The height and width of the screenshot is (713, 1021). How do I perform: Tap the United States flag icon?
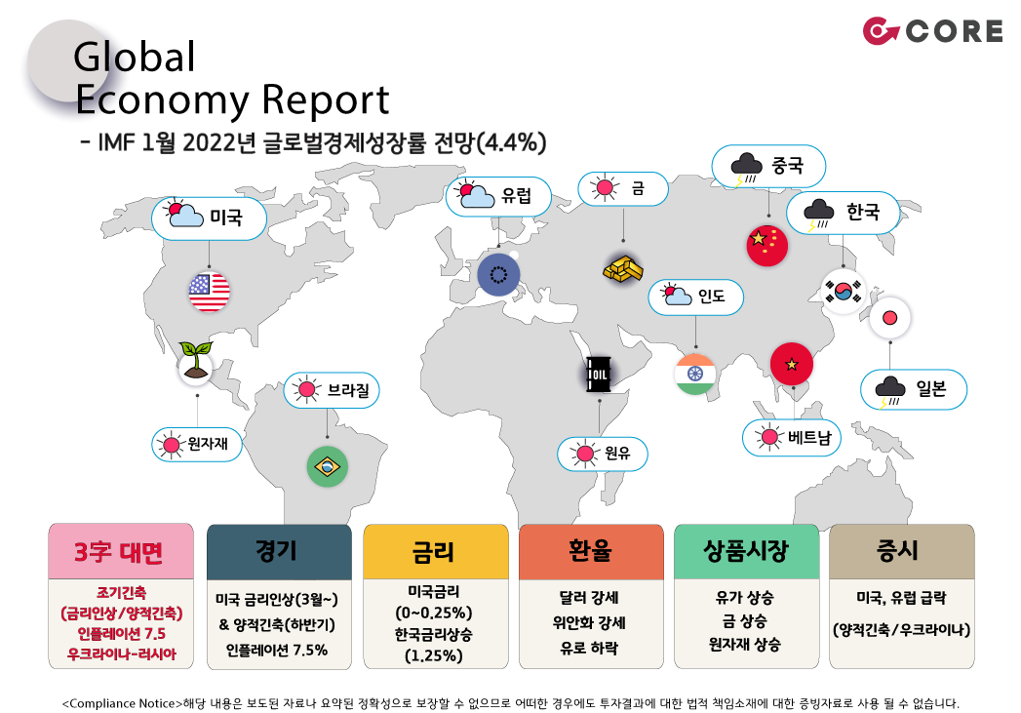click(x=209, y=290)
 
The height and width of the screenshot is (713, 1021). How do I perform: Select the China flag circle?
click(x=766, y=245)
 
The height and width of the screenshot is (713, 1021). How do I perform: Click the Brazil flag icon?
click(x=327, y=466)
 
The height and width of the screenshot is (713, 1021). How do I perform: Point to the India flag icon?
click(x=695, y=374)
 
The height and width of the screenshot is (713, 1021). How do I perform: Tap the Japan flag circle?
click(x=889, y=318)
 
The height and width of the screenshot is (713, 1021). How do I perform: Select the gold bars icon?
click(x=623, y=267)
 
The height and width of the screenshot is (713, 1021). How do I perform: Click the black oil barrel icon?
click(x=597, y=374)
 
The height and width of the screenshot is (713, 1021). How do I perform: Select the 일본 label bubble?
click(x=915, y=390)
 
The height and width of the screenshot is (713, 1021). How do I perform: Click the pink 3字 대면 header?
click(x=119, y=552)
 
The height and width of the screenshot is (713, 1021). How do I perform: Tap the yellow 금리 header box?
click(x=435, y=552)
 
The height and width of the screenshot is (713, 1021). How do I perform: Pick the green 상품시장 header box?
click(x=746, y=551)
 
